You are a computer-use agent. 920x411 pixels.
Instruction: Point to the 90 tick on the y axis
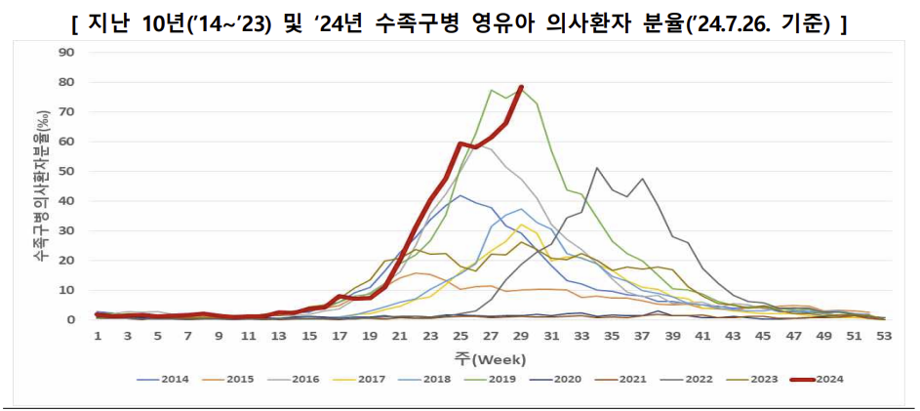click(x=68, y=53)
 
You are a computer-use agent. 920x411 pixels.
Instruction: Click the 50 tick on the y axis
click(x=68, y=172)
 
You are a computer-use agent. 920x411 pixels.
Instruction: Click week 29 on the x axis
click(x=521, y=336)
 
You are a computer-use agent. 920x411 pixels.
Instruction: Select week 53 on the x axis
click(x=883, y=336)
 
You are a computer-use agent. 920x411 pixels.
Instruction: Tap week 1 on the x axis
click(x=99, y=336)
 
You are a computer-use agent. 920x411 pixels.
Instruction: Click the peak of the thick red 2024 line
click(x=521, y=87)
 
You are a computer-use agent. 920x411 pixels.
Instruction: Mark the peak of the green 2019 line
click(x=491, y=90)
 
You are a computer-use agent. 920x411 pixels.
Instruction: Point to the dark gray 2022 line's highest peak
click(x=597, y=168)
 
